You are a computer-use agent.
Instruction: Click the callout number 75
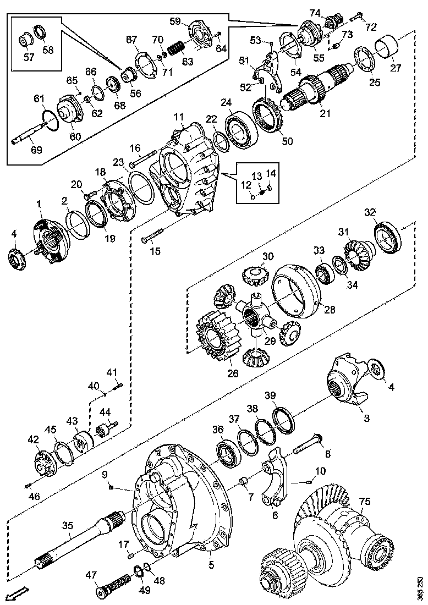click(x=365, y=502)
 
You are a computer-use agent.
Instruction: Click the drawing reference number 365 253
click(x=421, y=587)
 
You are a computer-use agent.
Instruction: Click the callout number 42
click(x=34, y=440)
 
